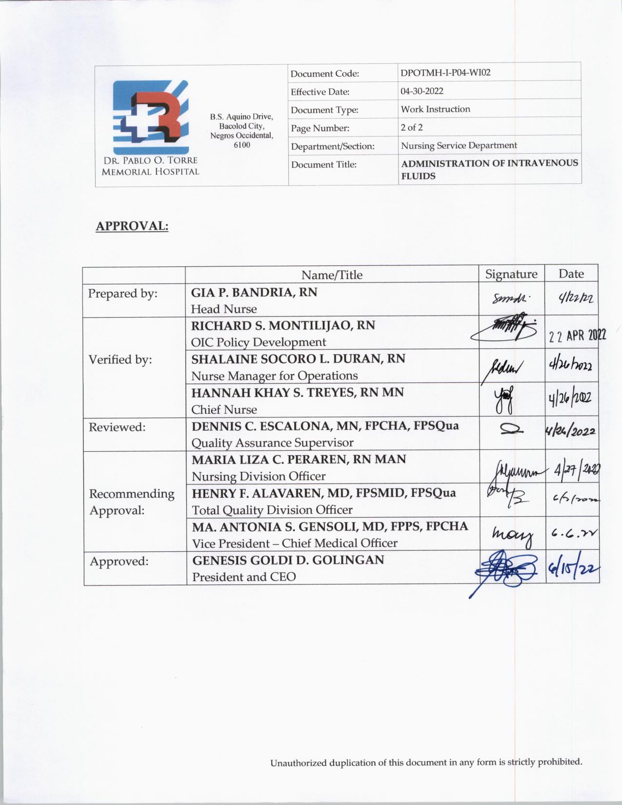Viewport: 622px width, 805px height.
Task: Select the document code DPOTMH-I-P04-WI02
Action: click(x=445, y=73)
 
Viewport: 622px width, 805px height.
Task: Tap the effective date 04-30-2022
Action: click(x=422, y=91)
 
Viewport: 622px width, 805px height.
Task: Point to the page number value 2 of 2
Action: click(x=412, y=127)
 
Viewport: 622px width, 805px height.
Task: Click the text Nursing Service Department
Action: click(x=459, y=145)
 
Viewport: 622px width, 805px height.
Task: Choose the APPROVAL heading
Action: click(x=132, y=226)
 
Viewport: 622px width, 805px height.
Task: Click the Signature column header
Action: click(x=511, y=274)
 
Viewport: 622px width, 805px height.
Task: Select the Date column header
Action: click(x=571, y=274)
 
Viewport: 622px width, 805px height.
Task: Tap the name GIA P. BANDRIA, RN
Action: click(x=254, y=292)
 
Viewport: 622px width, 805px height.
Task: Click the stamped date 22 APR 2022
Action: click(x=577, y=336)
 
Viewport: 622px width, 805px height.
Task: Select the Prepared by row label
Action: click(x=122, y=294)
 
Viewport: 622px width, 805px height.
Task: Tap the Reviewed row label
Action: click(x=117, y=427)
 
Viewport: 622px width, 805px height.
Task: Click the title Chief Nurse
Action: click(x=224, y=409)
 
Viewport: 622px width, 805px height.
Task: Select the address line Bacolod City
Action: click(x=241, y=126)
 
